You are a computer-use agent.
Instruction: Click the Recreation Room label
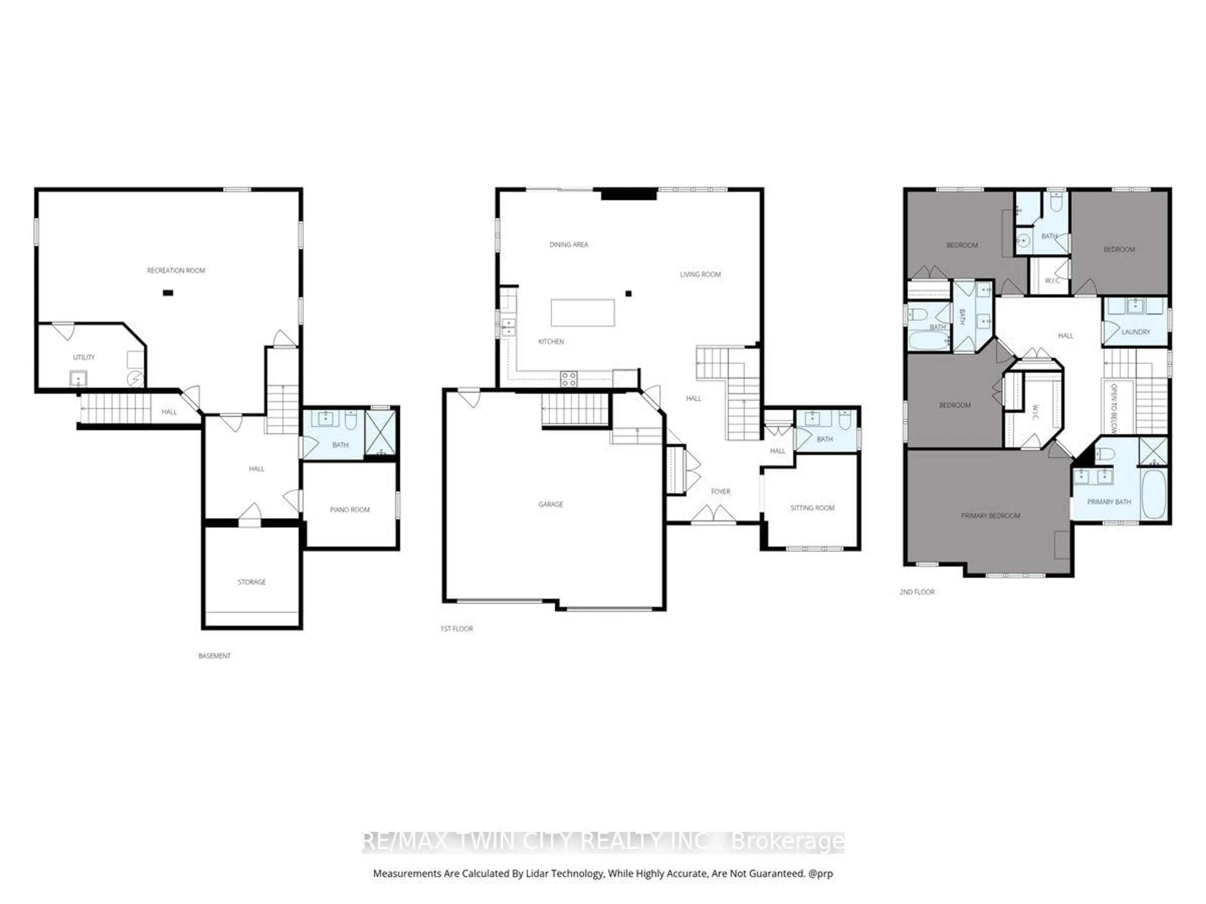click(x=176, y=270)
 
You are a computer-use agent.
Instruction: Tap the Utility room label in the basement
click(x=84, y=358)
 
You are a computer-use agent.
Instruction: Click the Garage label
click(x=551, y=505)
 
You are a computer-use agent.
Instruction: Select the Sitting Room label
click(x=812, y=508)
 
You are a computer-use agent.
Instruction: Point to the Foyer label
click(x=720, y=492)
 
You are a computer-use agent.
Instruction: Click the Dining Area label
click(x=569, y=245)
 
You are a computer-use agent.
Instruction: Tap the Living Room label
click(x=700, y=275)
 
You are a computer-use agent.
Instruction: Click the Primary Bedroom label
click(x=990, y=515)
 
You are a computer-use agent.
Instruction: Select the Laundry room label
click(x=1136, y=332)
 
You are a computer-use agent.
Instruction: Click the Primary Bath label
click(x=1109, y=502)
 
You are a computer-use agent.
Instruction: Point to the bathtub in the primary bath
click(x=1153, y=494)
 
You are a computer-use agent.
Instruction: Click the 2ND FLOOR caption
click(x=917, y=592)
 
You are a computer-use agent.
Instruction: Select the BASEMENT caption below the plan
click(x=214, y=656)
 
